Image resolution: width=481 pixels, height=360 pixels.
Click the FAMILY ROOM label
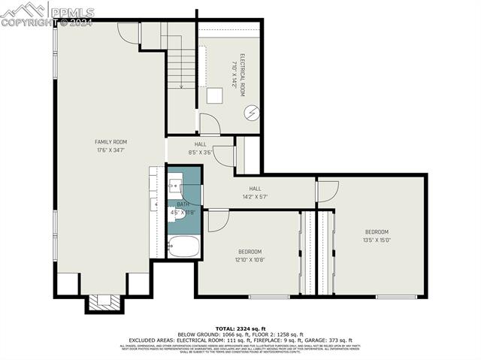(110, 142)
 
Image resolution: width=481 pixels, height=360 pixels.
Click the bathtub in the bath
(183, 247)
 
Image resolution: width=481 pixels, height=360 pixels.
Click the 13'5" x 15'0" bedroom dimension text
(377, 240)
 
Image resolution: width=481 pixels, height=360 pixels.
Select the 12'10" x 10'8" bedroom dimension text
(250, 259)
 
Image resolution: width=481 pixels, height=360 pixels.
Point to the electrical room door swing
(209, 124)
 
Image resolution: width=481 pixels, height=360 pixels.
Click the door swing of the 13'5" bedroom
(328, 191)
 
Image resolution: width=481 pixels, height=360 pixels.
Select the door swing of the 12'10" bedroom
(218, 219)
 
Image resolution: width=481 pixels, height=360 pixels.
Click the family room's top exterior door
(129, 32)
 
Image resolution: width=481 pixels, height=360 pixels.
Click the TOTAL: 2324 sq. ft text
(240, 328)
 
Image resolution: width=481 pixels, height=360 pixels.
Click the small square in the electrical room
(216, 95)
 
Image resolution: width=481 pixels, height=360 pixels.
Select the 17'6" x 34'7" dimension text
(110, 150)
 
